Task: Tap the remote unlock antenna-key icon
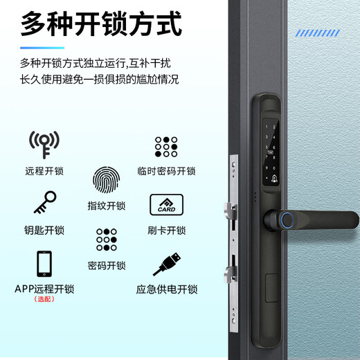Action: tap(44, 144)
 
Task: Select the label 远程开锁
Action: tap(44, 171)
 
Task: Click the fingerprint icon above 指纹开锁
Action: tap(106, 182)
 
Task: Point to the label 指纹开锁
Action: tap(107, 206)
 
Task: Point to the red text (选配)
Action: tap(44, 299)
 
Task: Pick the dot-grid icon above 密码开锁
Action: tap(107, 240)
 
